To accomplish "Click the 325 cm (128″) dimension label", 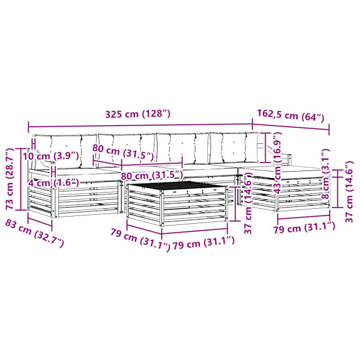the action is coord(138,114).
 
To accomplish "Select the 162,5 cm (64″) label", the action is coord(290,115).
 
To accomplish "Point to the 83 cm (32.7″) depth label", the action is coord(34,233).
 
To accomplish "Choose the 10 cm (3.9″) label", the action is coord(51,157).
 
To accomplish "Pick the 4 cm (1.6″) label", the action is coord(54,183).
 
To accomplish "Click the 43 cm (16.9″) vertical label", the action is coord(277,163).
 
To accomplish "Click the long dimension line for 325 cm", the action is coord(140,125).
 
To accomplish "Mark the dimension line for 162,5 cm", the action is coord(291,127).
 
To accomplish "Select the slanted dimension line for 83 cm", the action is coord(40,222).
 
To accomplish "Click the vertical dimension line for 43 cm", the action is coord(266,148).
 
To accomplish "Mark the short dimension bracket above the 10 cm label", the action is coord(34,144).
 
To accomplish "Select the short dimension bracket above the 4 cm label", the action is coord(53,172).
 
